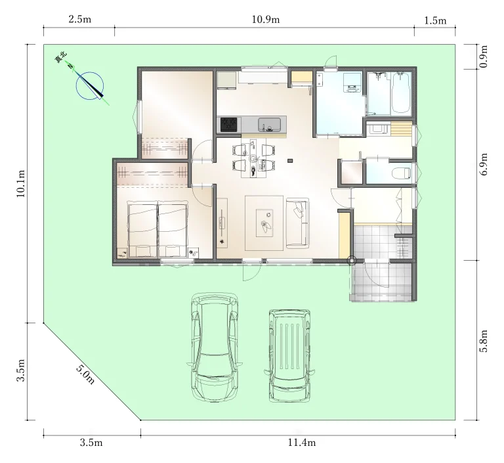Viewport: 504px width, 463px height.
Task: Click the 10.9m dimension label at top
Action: (266, 20)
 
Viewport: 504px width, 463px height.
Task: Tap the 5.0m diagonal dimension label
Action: (85, 374)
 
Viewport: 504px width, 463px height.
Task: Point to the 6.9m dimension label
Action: (484, 164)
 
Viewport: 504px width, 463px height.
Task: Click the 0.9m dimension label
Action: (484, 56)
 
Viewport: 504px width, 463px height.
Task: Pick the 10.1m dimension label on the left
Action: (20, 184)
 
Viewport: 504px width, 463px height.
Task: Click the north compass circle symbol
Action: (90, 86)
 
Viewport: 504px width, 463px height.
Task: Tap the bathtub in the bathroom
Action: (401, 93)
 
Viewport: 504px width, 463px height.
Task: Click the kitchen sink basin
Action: (269, 124)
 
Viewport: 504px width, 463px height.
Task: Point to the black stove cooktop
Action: (229, 125)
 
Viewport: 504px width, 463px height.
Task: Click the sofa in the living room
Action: (298, 223)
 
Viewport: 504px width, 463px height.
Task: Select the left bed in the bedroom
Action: (142, 230)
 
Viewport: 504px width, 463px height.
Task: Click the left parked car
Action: (215, 347)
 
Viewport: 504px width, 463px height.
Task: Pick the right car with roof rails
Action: (289, 356)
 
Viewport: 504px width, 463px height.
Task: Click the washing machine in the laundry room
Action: (352, 83)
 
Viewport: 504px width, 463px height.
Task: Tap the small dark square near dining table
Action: (290, 160)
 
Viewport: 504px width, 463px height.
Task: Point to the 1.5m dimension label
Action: (435, 20)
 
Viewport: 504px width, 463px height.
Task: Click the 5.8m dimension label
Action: (484, 341)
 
